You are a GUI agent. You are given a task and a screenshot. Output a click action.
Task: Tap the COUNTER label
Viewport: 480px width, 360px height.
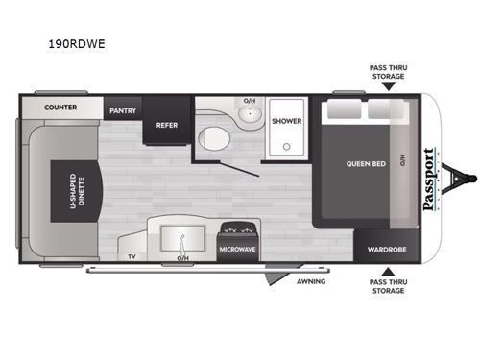point(60,108)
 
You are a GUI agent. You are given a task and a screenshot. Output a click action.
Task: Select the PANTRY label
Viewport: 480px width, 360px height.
point(122,109)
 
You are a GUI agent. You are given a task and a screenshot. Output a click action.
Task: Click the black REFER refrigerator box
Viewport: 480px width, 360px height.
point(165,124)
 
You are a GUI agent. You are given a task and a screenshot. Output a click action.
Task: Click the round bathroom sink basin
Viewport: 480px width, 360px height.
point(250,115)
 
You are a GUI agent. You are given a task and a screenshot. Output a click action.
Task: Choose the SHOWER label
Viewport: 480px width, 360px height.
point(287,122)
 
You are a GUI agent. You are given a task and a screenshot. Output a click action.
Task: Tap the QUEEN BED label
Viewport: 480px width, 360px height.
point(366,163)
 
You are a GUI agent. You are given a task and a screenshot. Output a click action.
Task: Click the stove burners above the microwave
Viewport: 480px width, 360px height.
point(236,232)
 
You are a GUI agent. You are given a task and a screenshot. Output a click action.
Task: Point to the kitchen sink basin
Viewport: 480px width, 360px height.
point(180,237)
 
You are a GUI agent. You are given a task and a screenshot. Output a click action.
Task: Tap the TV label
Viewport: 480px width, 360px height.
point(132,256)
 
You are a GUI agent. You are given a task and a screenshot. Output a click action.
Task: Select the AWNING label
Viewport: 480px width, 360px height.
point(311,281)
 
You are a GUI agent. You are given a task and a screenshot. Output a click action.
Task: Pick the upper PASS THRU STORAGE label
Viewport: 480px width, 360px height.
point(387,72)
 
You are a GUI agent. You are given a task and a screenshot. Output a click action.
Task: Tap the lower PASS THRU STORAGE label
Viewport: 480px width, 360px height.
point(387,286)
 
